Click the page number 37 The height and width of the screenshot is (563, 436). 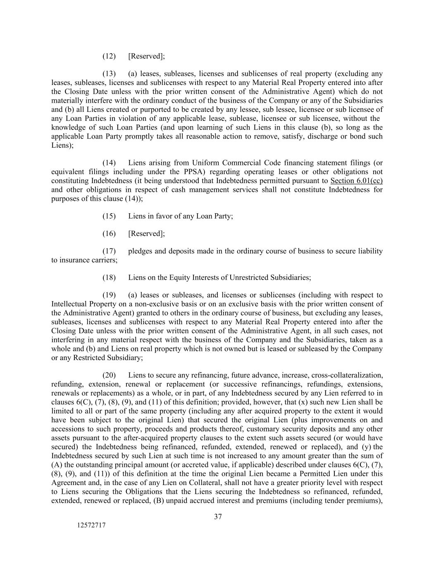tap(218, 517)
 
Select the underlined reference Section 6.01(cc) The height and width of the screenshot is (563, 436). tap(356, 181)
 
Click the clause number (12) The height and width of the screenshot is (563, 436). tap(109, 56)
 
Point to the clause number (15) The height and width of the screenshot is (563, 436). tap(109, 216)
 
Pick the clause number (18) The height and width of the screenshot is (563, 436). tap(109, 278)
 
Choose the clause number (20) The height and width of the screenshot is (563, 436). tap(109, 375)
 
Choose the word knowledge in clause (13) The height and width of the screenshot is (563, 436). tap(68, 127)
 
